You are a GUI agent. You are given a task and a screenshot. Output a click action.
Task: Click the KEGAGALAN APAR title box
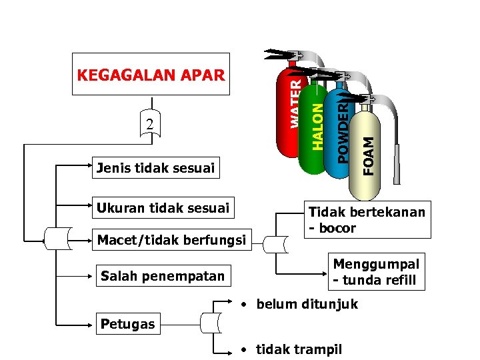151,74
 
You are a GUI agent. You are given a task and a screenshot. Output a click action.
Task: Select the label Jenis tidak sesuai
155,168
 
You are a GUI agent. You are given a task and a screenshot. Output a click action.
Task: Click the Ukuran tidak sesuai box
163,208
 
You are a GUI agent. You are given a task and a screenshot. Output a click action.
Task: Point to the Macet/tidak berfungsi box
171,239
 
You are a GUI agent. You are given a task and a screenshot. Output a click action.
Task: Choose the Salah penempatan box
162,275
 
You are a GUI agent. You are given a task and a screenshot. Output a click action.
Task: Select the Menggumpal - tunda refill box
377,272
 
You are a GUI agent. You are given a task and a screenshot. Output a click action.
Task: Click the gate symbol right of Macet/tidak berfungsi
275,244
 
